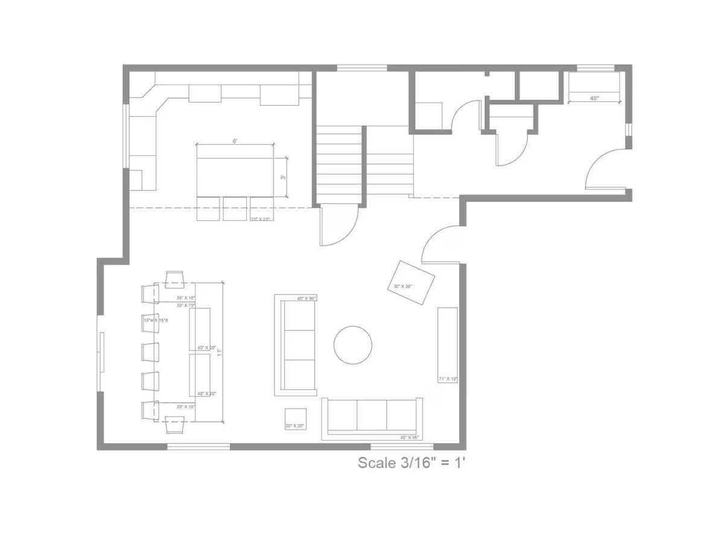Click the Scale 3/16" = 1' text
[412, 464]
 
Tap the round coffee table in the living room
[353, 345]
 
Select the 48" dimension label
[594, 98]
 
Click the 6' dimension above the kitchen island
[235, 141]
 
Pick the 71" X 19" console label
[448, 379]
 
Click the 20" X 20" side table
[296, 419]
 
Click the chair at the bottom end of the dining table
[174, 426]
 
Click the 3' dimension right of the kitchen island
[282, 177]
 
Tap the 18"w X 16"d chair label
[156, 320]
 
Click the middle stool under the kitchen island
[235, 209]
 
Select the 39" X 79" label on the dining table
[185, 305]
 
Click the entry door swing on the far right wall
[606, 169]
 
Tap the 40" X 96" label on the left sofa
[306, 299]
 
